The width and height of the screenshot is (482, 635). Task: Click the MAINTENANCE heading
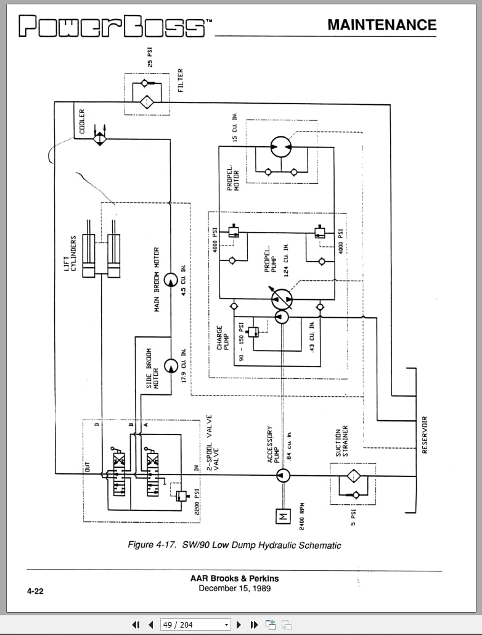(x=382, y=25)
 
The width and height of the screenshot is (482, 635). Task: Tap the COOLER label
(x=82, y=122)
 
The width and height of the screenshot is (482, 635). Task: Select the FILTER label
(x=181, y=81)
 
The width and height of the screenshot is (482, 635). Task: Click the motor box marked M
(x=283, y=517)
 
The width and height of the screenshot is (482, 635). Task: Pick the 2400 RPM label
(x=302, y=517)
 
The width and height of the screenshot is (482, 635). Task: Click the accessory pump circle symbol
(x=283, y=475)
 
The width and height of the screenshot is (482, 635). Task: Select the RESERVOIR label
(x=424, y=434)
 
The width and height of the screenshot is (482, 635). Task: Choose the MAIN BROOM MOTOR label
(x=157, y=280)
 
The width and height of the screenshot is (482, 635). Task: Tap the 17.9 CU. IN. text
(x=184, y=367)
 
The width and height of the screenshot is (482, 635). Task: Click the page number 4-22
(x=35, y=591)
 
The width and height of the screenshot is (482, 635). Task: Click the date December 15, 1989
(x=234, y=588)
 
